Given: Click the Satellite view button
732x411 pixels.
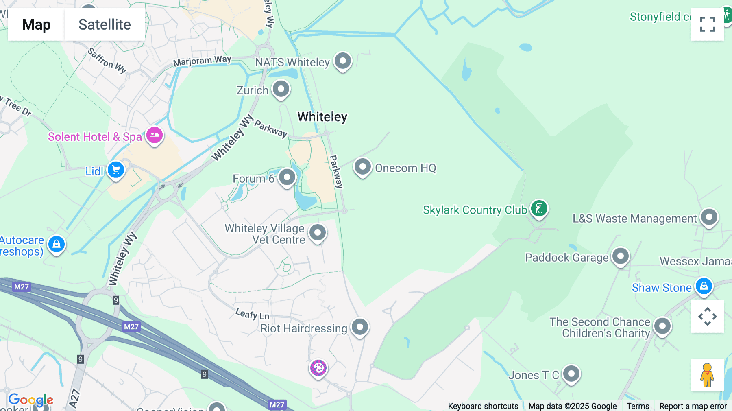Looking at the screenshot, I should (105, 24).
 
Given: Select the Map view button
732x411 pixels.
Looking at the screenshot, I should (36, 24).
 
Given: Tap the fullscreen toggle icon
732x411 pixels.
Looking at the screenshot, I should (707, 24).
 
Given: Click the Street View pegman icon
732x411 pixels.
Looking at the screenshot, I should (707, 375).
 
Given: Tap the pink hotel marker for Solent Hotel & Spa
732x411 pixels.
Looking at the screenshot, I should (155, 135).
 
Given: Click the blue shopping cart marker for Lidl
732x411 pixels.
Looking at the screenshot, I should (116, 170).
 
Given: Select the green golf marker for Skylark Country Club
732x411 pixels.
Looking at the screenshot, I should (539, 209).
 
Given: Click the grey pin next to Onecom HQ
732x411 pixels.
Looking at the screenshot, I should (362, 167).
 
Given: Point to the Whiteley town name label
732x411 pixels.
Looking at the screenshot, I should (322, 117).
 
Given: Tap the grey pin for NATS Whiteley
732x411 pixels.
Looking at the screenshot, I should (343, 61).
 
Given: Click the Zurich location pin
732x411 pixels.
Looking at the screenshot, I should (281, 89).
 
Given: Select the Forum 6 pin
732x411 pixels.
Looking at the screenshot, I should (287, 177).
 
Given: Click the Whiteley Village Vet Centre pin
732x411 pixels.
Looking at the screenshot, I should (318, 233).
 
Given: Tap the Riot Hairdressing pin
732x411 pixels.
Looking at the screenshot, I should (360, 327).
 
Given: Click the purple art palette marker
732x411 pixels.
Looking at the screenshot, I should (318, 368).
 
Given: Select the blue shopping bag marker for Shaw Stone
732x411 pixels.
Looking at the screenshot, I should (704, 286).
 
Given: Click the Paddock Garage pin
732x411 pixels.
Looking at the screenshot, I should (621, 256).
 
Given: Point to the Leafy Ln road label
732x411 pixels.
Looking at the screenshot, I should (252, 314).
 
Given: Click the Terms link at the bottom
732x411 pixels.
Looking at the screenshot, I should (638, 406).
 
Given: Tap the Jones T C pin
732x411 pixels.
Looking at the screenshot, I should (571, 374).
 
